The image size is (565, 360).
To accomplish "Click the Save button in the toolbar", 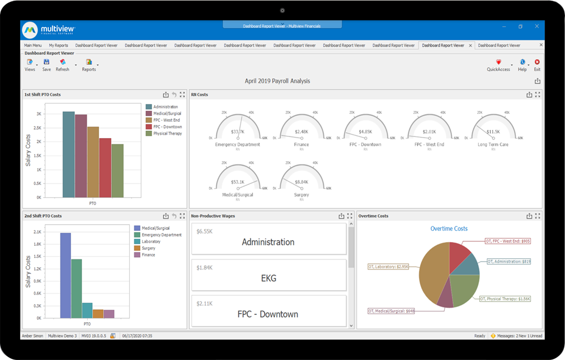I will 46,65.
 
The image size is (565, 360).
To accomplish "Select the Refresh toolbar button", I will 63,65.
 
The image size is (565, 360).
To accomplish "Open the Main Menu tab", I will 32,45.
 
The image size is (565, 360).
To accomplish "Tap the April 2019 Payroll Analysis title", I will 277,81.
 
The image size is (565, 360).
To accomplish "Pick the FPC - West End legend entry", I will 167,120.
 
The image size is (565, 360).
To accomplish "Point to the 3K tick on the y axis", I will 39,113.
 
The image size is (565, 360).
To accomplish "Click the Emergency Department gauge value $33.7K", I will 238,132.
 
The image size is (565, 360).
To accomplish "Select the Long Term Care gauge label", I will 493,144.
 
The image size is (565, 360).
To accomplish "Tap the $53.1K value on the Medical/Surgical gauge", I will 238,182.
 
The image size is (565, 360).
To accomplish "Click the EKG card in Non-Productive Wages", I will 269,278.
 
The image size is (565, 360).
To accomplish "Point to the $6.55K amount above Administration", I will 204,231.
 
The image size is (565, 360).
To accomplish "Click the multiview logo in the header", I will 49,29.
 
